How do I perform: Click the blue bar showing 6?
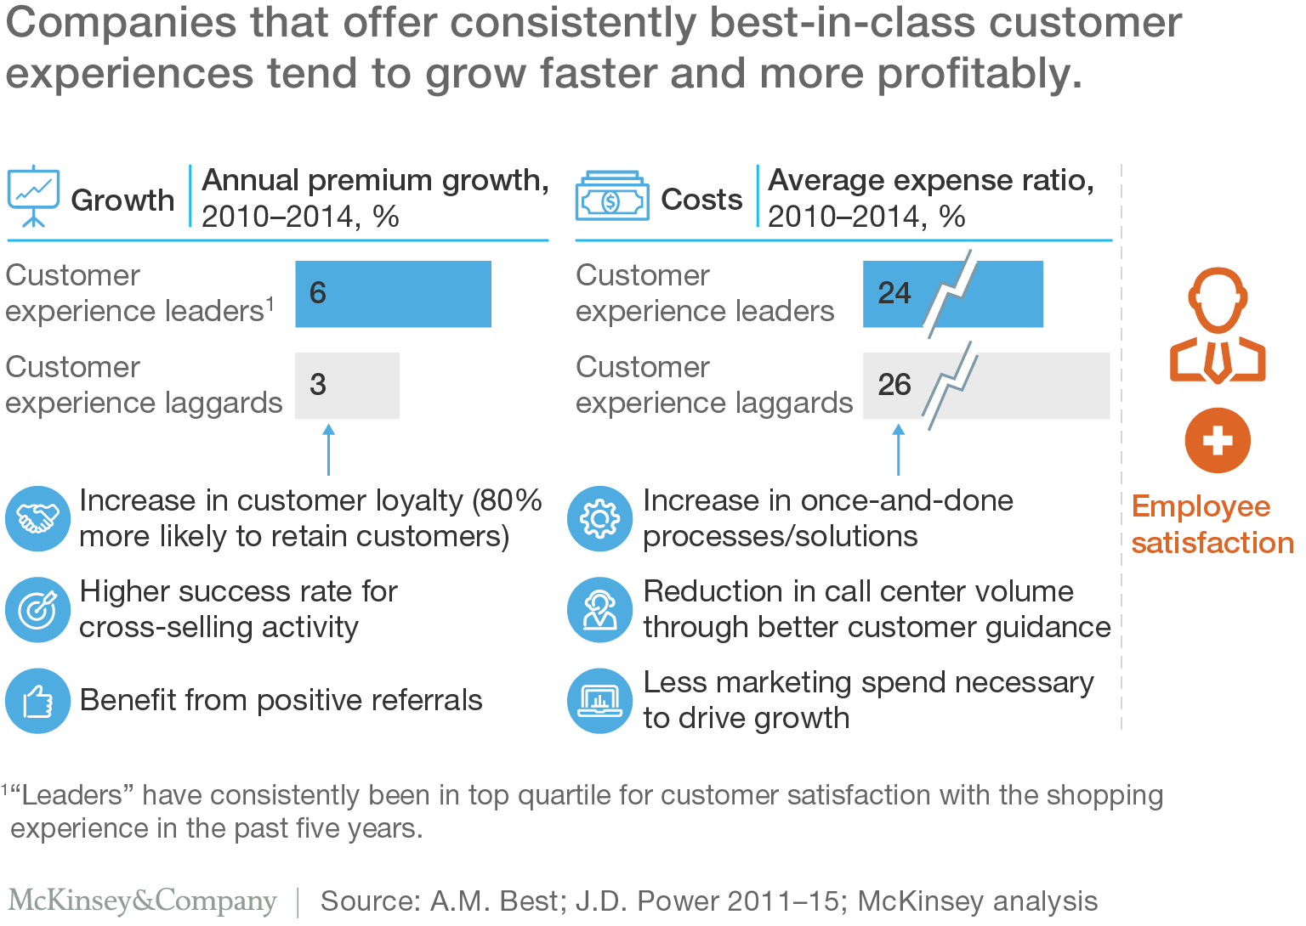393,294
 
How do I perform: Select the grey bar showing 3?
347,386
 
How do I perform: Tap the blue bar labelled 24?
952,294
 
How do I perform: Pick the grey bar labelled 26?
986,386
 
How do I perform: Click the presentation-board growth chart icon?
33,196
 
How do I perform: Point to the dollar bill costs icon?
612,198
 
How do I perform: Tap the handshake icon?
37,518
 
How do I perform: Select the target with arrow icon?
37,609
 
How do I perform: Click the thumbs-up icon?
37,701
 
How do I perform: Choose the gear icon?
599,518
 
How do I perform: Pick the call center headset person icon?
599,609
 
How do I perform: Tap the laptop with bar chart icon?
599,701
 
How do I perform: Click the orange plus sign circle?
1218,441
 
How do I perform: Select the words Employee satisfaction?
1212,524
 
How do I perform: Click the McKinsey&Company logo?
143,901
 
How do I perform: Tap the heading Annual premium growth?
375,181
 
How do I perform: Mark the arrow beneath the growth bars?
328,450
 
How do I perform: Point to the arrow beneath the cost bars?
898,450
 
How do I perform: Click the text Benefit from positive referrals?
281,700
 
